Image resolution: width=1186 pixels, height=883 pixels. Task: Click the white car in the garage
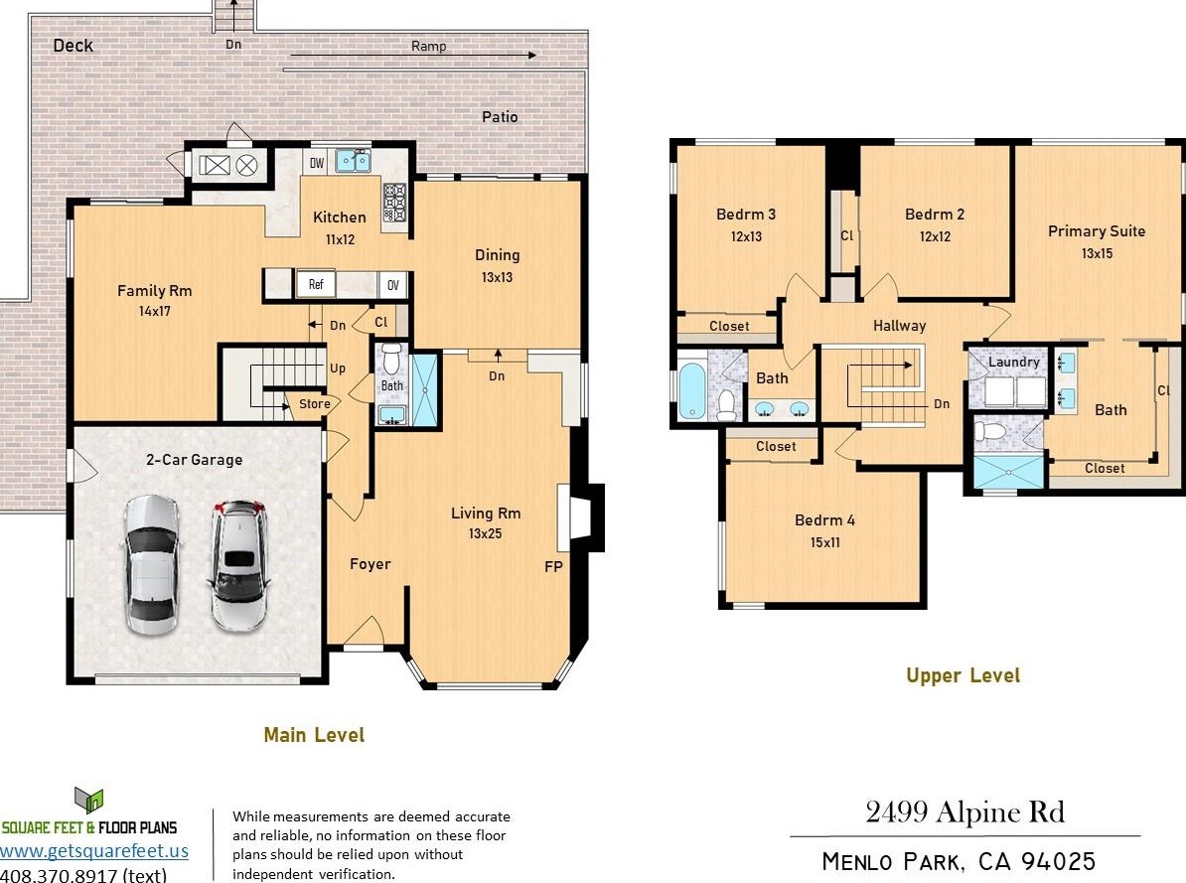pos(151,564)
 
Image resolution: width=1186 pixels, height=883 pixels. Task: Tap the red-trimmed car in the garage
pos(239,564)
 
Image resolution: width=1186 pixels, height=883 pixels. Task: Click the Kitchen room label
pos(340,218)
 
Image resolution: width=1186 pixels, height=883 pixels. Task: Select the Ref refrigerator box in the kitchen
pos(316,284)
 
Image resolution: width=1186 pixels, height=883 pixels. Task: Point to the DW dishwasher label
pos(317,163)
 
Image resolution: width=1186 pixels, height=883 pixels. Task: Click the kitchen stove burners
pos(394,203)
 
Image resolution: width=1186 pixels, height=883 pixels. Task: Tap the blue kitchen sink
pos(353,160)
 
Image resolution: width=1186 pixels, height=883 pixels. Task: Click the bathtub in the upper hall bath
pos(691,390)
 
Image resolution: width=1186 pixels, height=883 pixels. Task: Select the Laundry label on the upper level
pos(1013,363)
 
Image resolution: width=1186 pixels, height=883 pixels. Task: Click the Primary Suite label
pos(1096,231)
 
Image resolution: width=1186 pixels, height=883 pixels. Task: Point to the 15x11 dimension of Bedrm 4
pos(824,542)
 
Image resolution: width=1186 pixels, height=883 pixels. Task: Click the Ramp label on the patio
pos(429,46)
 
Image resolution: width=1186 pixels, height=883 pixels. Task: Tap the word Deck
pos(74,46)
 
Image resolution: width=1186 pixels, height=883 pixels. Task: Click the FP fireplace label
pos(553,567)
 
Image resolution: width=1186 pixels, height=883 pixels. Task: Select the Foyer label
pos(370,564)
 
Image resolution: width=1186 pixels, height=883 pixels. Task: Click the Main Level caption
pos(314,735)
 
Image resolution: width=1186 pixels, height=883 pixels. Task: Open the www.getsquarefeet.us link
pos(94,851)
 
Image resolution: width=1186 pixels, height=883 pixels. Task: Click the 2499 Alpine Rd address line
pos(965,812)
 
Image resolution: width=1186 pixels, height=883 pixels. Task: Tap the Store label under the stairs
pos(315,404)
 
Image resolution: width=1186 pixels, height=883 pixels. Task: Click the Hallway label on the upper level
pos(899,326)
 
